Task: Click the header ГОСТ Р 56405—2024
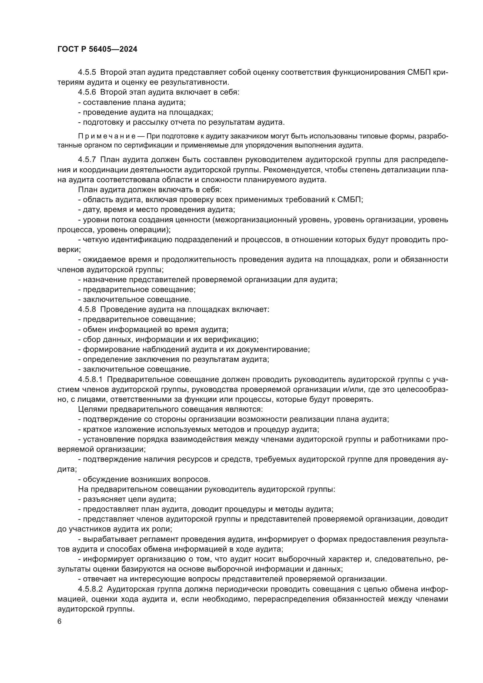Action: pos(97,49)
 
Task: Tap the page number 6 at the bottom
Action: pos(60,621)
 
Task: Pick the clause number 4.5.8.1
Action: pos(90,380)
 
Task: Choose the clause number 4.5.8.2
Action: pos(90,589)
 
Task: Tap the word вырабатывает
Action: pos(107,539)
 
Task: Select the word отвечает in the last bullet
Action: pos(98,579)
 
